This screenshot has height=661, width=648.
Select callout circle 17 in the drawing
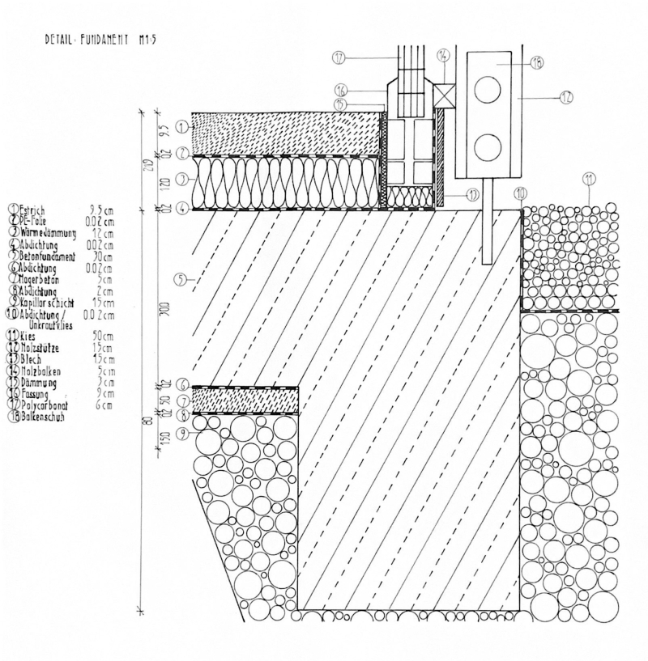tap(339, 57)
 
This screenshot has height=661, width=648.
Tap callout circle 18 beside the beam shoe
tap(536, 61)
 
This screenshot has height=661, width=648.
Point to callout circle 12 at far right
tap(565, 96)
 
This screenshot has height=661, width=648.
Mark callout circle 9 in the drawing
tap(181, 434)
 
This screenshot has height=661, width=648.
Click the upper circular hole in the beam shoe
tap(487, 90)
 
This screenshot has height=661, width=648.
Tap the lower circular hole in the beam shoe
tap(487, 148)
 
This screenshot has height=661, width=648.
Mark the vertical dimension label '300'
tap(164, 309)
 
